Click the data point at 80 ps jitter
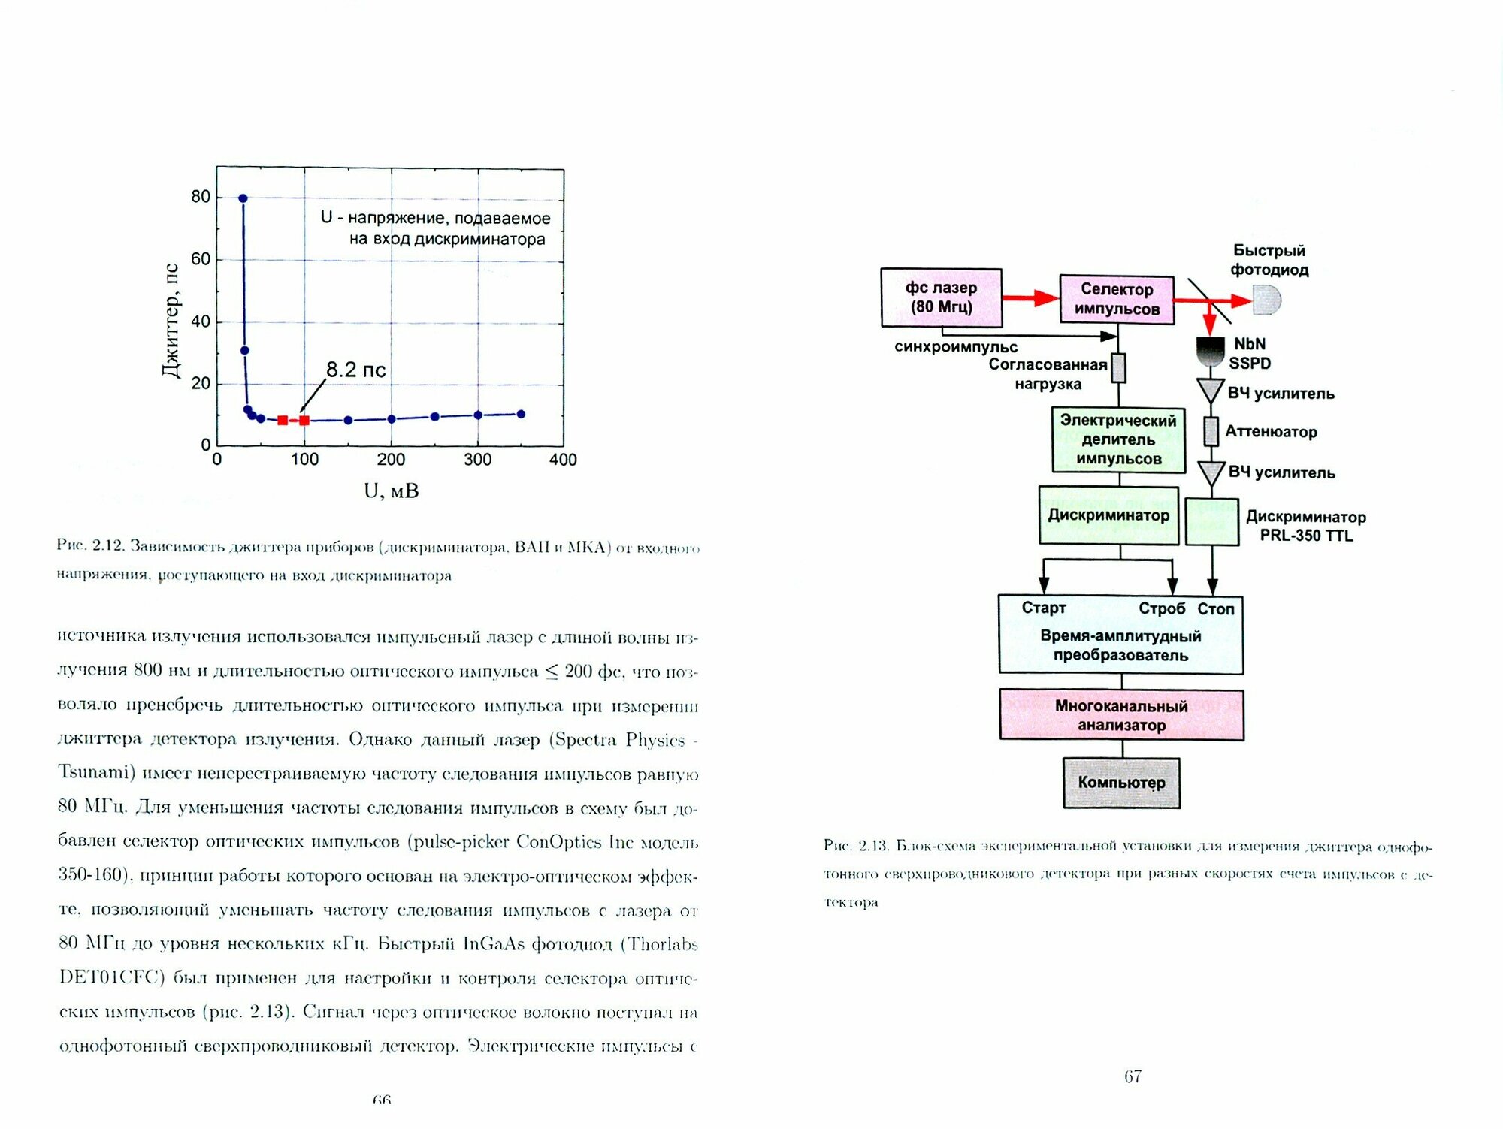tap(243, 198)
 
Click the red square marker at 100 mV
tap(304, 420)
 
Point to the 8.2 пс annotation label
tap(355, 370)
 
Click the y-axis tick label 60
tap(201, 259)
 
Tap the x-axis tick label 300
tap(477, 460)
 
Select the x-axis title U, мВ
tap(391, 491)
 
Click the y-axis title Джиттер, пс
tap(171, 321)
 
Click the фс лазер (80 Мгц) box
tap(941, 297)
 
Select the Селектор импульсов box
tap(1117, 299)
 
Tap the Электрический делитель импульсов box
tap(1118, 439)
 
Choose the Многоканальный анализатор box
tap(1121, 715)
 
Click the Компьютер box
tap(1121, 783)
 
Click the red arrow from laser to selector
tap(1030, 298)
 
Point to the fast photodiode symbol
tap(1267, 300)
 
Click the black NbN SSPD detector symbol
tap(1210, 350)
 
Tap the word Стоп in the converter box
tap(1215, 609)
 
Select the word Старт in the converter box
tap(1044, 608)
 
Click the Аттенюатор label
tap(1271, 432)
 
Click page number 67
tap(1133, 1076)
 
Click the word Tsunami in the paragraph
tap(96, 773)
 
